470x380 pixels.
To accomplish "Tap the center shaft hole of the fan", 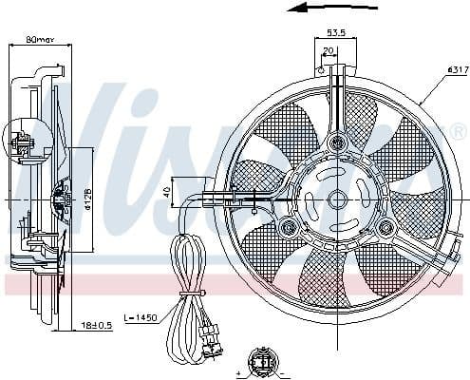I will point(336,200).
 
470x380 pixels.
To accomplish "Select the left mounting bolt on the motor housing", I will point(288,227).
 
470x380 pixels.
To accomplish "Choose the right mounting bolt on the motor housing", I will point(385,227).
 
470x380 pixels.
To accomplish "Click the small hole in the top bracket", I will point(323,70).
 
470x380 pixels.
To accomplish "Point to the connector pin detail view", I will point(261,361).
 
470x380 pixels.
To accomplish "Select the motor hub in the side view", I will point(61,199).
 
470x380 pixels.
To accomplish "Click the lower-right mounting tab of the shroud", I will point(439,268).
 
